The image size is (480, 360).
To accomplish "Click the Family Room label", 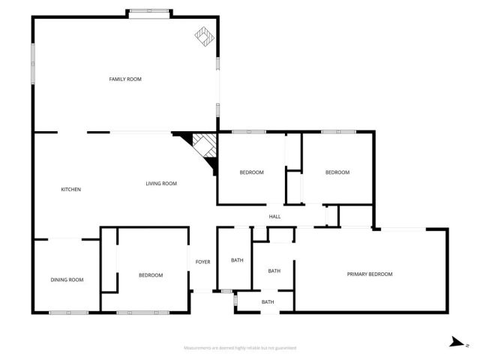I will click(125, 79).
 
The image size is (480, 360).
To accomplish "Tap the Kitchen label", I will click(70, 189).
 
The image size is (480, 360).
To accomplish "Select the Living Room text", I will click(160, 184).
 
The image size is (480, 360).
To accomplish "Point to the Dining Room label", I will click(67, 280).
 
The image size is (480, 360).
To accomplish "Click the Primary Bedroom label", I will click(369, 274).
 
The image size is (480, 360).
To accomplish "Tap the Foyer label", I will click(202, 262).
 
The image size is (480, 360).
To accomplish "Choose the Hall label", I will click(274, 217).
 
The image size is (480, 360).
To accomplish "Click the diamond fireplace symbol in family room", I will click(203, 35).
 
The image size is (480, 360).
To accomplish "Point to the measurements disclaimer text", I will click(240, 348).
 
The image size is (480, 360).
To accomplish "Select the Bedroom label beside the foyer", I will click(150, 275).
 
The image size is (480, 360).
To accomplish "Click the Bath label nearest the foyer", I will click(237, 260).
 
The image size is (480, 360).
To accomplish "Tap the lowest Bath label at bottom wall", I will click(268, 302).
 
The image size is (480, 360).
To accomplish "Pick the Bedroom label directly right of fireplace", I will click(251, 172).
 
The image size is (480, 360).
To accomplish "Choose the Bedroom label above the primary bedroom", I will click(337, 172).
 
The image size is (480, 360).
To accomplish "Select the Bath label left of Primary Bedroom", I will click(274, 271).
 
